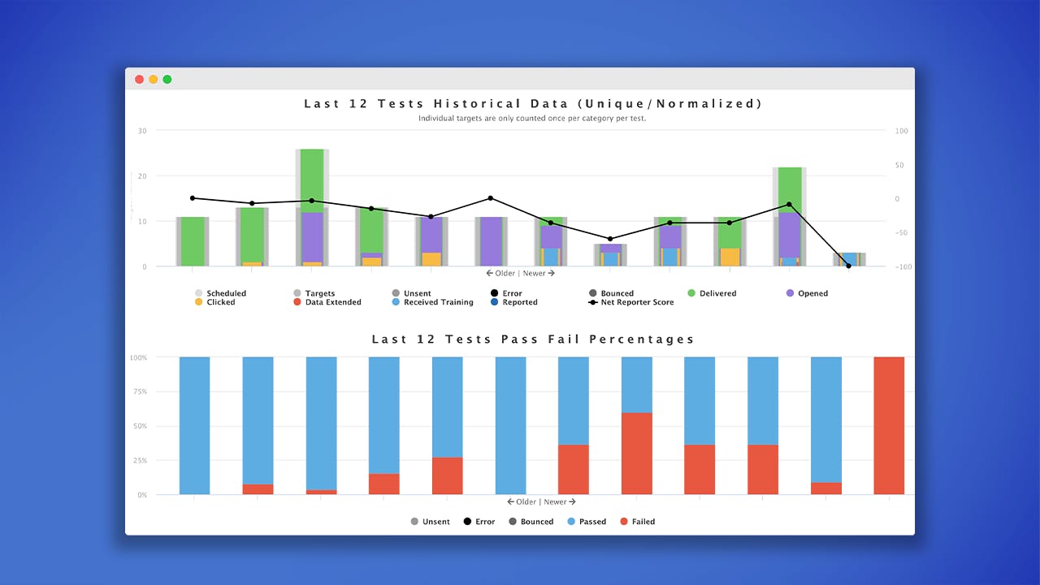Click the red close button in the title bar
coord(139,80)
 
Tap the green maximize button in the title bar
coord(167,80)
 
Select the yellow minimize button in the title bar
coord(154,80)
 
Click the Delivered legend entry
coord(712,293)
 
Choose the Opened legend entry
coord(807,293)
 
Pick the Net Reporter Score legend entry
coord(631,302)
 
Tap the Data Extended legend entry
coord(327,302)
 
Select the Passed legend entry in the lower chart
coord(587,522)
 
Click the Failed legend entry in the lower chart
coord(638,522)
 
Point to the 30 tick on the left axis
coord(142,131)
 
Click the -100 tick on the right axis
coord(903,267)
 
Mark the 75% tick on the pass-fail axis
coord(141,392)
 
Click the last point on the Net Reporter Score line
coord(849,266)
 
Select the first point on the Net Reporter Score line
coord(193,198)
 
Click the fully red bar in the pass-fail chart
coord(889,426)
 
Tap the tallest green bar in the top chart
coord(312,181)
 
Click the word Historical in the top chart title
coord(477,103)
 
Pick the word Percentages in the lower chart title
coord(642,340)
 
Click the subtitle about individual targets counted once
coord(532,119)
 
